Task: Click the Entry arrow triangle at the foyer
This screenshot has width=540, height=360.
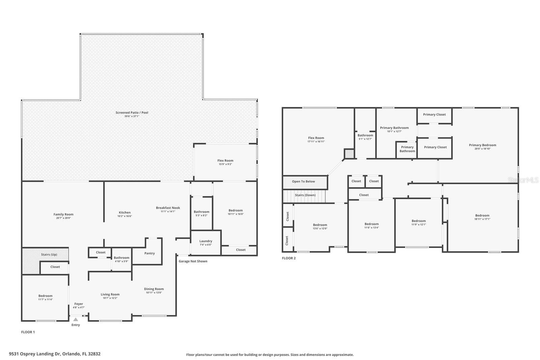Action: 76,320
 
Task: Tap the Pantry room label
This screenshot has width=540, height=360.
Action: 150,253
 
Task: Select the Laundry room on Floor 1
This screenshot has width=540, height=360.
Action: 206,241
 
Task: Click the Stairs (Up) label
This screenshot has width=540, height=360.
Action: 49,255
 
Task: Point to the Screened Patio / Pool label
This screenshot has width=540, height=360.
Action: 132,113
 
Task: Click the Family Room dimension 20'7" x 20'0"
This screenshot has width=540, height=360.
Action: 63,218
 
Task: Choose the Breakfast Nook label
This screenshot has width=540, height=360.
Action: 168,208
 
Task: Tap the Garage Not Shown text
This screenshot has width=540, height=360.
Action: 193,261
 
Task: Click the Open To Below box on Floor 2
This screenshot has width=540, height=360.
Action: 304,182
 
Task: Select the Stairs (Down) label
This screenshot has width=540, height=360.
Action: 305,195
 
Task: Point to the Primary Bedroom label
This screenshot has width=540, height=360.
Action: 482,145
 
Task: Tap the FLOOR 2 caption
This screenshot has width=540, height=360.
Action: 289,258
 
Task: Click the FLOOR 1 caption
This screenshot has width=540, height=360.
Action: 28,332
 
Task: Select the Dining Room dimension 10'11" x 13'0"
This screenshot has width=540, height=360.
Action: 154,293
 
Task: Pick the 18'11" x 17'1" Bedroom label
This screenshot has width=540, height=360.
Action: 482,216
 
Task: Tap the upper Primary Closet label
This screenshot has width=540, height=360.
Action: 434,114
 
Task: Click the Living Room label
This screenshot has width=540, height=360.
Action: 110,295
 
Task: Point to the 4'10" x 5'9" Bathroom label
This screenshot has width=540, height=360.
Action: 122,258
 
